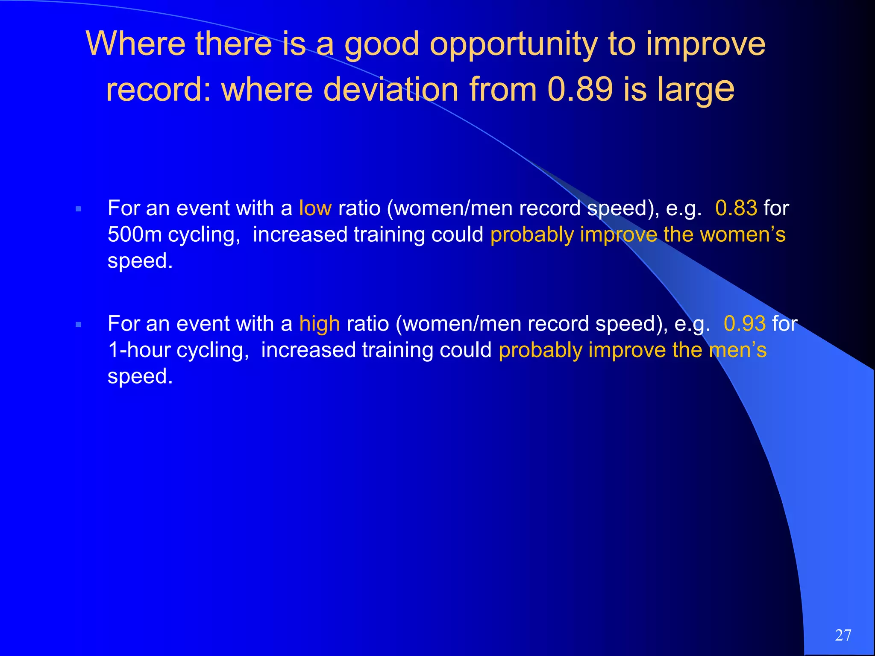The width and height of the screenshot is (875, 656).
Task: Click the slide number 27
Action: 843,635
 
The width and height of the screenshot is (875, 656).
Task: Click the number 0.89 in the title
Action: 580,89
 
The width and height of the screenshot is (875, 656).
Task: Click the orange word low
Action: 315,208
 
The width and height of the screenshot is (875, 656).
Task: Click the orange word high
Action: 320,324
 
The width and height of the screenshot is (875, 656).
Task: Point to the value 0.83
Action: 736,208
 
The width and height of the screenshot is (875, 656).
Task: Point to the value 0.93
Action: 745,324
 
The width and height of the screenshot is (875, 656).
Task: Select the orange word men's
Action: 738,350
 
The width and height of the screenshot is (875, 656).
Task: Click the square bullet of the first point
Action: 78,209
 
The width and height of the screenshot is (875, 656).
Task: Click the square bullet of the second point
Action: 78,325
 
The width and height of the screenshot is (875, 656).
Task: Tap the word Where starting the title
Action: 135,44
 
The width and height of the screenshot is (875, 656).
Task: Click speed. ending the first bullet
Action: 140,261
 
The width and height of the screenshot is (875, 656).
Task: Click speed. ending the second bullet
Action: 140,377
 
